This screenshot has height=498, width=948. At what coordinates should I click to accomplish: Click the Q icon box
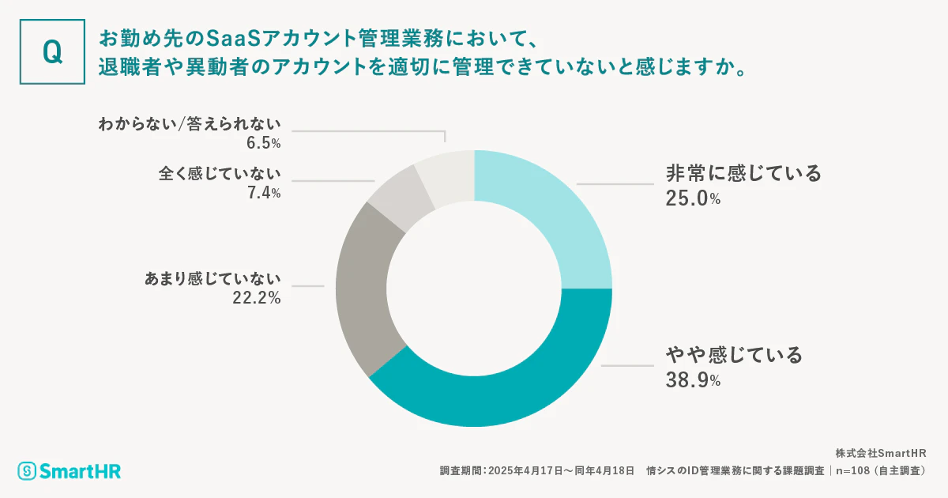[51, 51]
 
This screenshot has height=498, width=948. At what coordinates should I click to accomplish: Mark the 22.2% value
[253, 298]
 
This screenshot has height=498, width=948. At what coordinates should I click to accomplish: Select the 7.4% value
[263, 194]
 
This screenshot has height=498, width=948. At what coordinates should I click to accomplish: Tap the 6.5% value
[263, 143]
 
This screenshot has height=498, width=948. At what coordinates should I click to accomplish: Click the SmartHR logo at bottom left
[70, 471]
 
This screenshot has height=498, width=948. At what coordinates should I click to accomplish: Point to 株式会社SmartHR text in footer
[881, 453]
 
